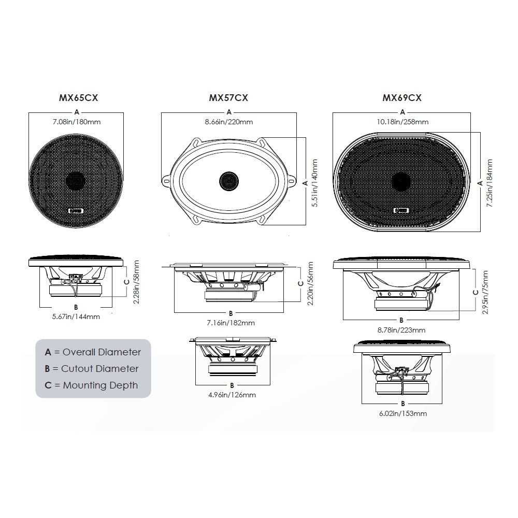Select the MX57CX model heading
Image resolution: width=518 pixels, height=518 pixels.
(228, 97)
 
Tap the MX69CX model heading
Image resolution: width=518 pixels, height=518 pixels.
(402, 97)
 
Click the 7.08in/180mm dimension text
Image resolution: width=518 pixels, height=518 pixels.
(76, 122)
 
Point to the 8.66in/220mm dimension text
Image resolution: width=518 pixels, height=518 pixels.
(228, 122)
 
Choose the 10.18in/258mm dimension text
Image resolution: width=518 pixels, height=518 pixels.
(402, 122)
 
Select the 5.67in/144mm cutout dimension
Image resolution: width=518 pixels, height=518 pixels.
(76, 316)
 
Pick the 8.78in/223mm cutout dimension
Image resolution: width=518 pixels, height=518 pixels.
(401, 330)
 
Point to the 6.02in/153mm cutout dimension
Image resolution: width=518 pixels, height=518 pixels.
(403, 413)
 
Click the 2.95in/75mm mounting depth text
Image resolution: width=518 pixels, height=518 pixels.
(485, 292)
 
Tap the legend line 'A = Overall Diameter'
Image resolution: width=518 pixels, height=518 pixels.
(93, 352)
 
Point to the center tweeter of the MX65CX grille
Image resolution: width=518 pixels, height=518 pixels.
(77, 181)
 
